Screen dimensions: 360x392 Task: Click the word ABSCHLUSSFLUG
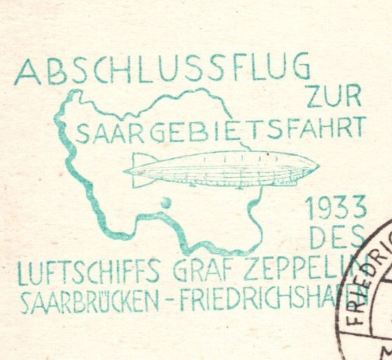161,69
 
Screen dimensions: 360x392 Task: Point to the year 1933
336,208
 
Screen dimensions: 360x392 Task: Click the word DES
337,239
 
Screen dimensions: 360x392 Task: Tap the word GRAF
200,268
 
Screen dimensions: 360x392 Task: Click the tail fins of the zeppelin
140,169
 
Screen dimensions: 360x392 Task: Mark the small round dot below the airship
166,203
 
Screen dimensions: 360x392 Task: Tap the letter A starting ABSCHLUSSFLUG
27,71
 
